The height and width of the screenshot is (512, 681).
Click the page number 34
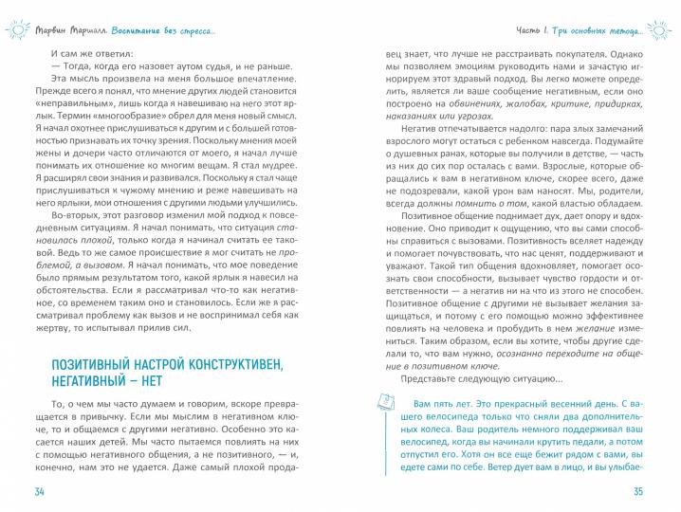pos(39,489)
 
